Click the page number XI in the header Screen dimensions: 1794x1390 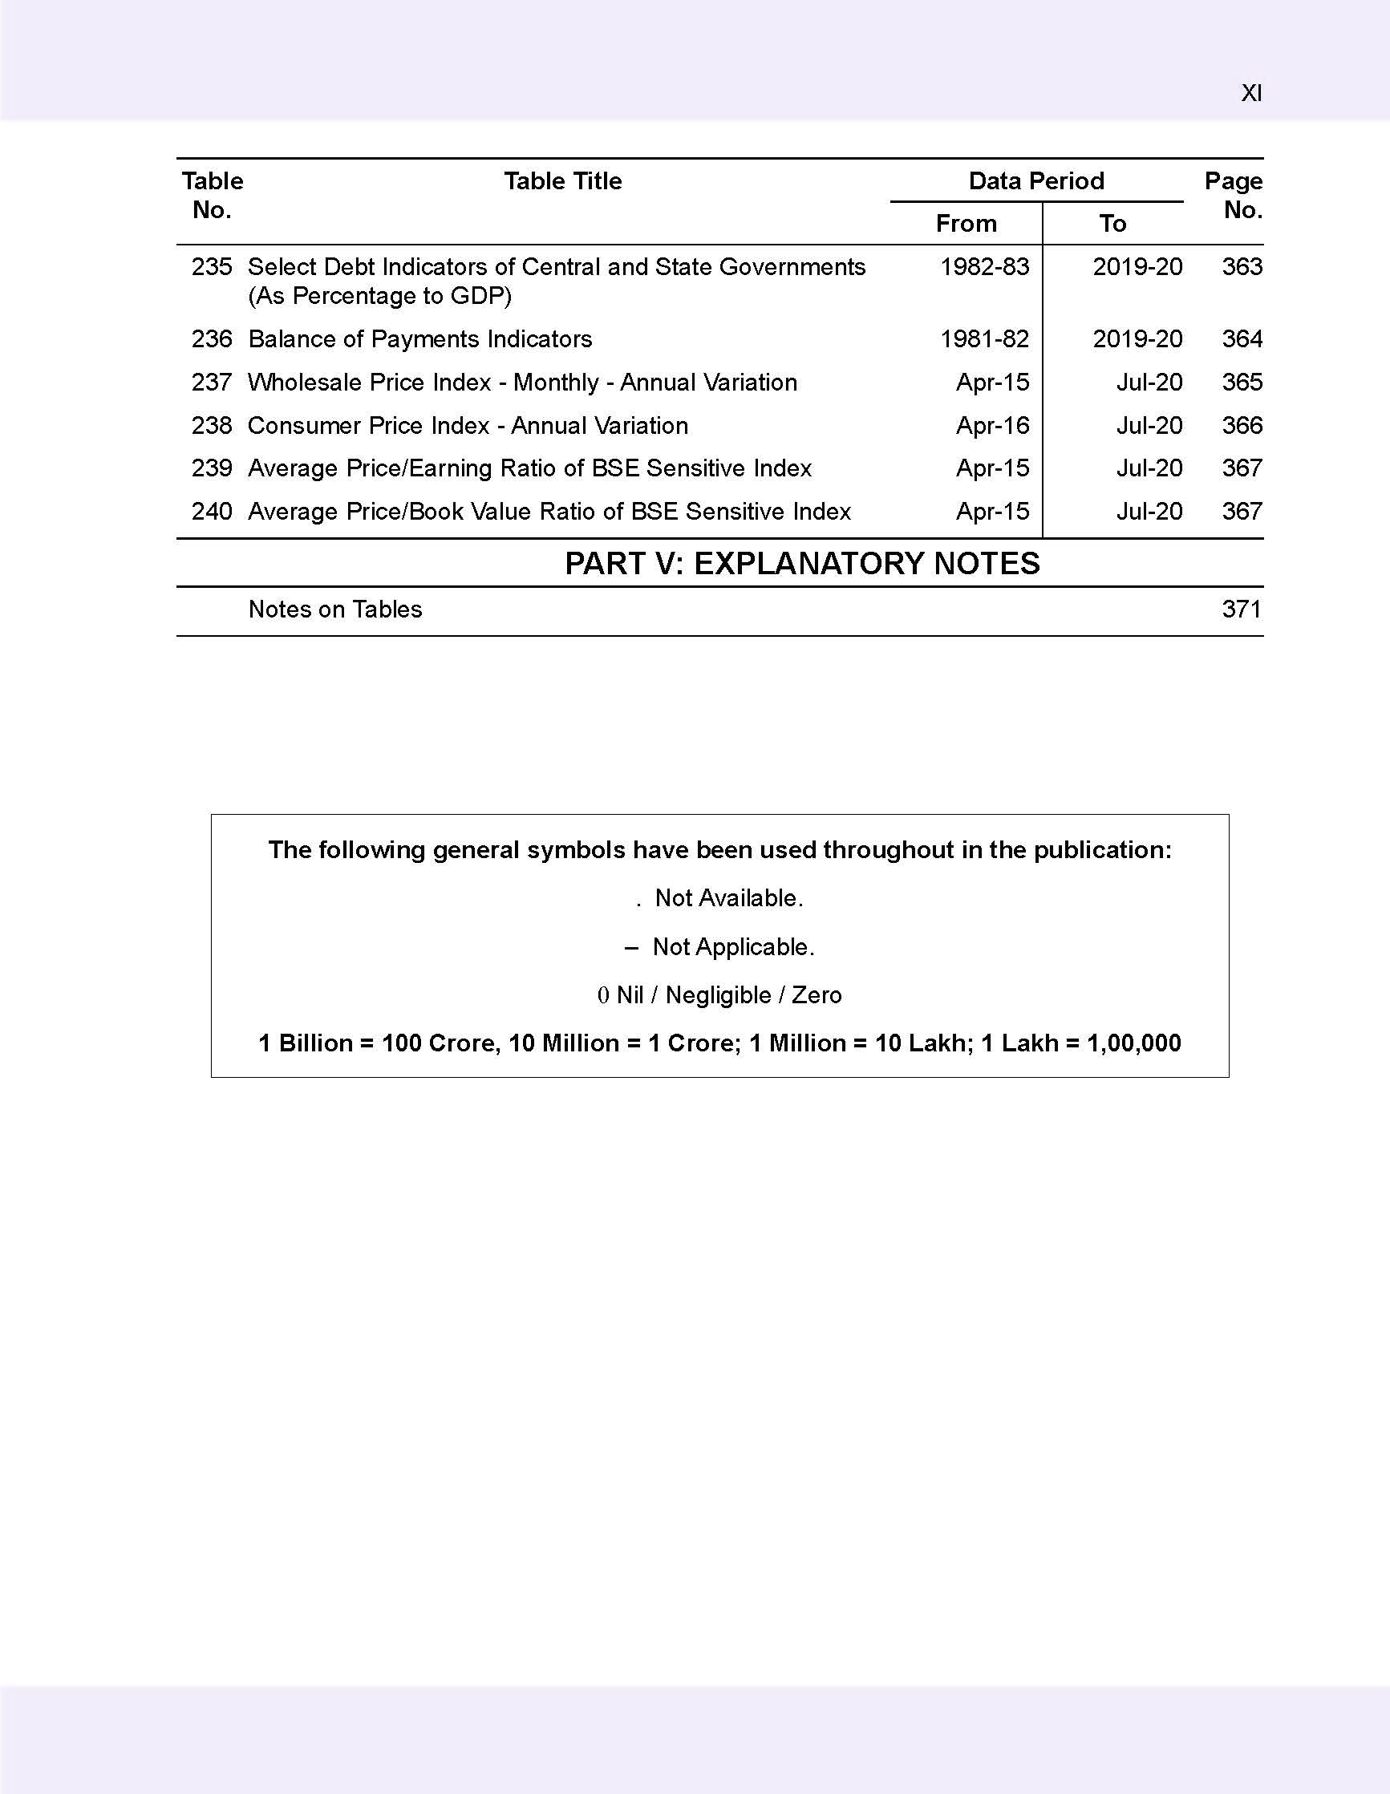click(x=1250, y=94)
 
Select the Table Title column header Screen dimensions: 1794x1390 click(x=563, y=180)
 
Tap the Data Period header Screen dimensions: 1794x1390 click(x=1036, y=180)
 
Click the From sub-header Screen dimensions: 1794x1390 click(x=966, y=224)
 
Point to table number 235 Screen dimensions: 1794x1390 click(x=212, y=267)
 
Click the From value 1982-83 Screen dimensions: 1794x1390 click(x=984, y=267)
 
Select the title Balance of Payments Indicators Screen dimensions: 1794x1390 click(x=419, y=339)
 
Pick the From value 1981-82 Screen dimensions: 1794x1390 click(x=984, y=339)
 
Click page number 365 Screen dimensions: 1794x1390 click(x=1242, y=383)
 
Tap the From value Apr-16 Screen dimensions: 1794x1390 click(x=992, y=426)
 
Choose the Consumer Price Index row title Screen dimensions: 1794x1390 click(x=468, y=426)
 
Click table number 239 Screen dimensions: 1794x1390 click(x=212, y=468)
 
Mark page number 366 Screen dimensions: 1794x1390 click(x=1242, y=426)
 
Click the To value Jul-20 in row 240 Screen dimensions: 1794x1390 click(x=1149, y=512)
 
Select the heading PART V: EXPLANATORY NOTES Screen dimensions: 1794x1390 click(x=802, y=564)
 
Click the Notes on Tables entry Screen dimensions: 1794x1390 click(x=335, y=609)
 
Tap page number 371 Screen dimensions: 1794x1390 click(x=1242, y=609)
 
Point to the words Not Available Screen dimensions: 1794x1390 click(x=728, y=899)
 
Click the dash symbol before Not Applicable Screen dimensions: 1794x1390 click(x=631, y=948)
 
